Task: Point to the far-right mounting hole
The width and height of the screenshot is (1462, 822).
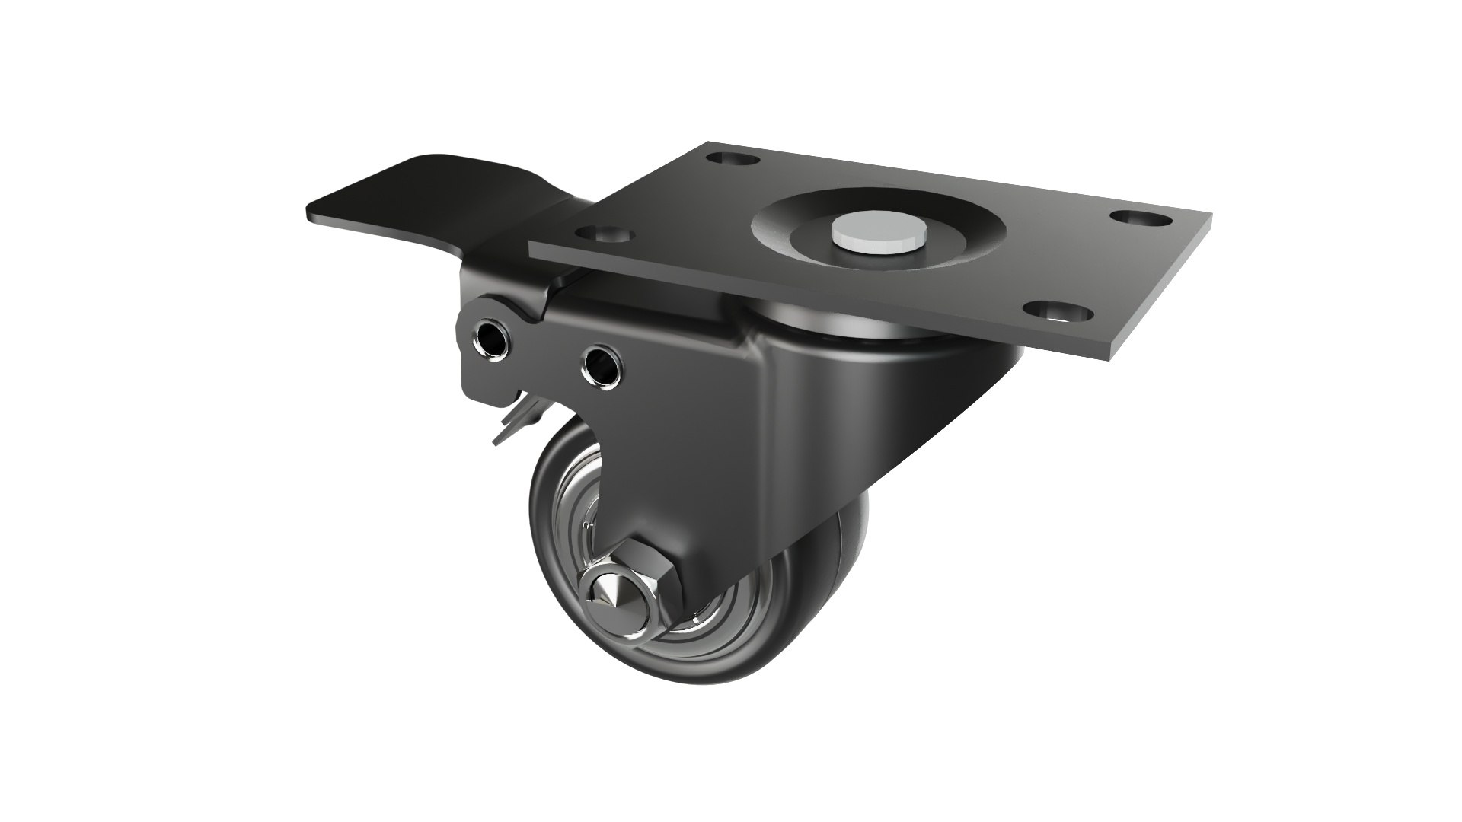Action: coord(1139,218)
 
